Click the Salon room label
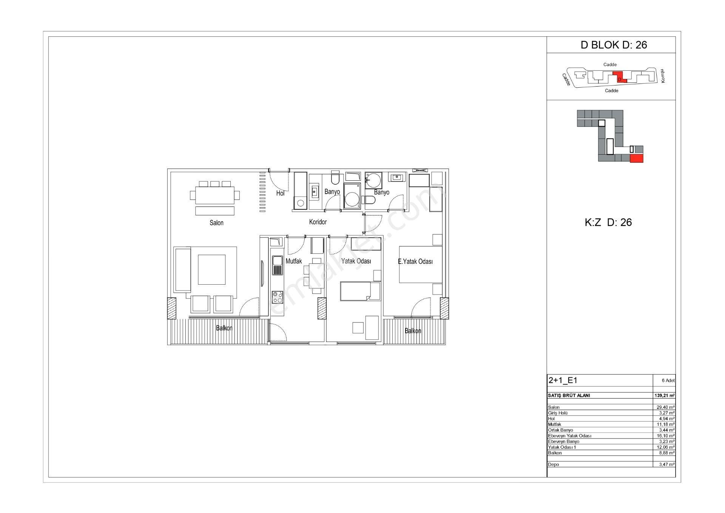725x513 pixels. [x=216, y=223]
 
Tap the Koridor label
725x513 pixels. [x=318, y=222]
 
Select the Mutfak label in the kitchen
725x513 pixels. [x=294, y=261]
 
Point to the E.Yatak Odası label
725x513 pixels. [x=415, y=261]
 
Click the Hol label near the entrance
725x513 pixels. [x=280, y=193]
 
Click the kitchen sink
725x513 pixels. [x=277, y=265]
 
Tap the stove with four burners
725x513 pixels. [x=278, y=297]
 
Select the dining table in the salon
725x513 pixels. [x=215, y=195]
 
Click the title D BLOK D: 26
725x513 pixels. [x=614, y=45]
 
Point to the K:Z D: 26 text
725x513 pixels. [x=608, y=222]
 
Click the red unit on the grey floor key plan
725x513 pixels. [x=637, y=158]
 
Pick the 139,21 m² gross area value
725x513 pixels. [x=664, y=395]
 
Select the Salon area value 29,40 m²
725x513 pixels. [x=666, y=407]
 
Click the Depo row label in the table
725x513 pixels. [x=553, y=464]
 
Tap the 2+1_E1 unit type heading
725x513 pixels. [x=563, y=380]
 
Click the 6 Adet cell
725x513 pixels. [x=668, y=381]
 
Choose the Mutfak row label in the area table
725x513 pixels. [x=554, y=424]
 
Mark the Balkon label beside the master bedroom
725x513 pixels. [x=413, y=331]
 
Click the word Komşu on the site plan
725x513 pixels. [x=662, y=76]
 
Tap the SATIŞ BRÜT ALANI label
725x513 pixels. [x=569, y=395]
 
